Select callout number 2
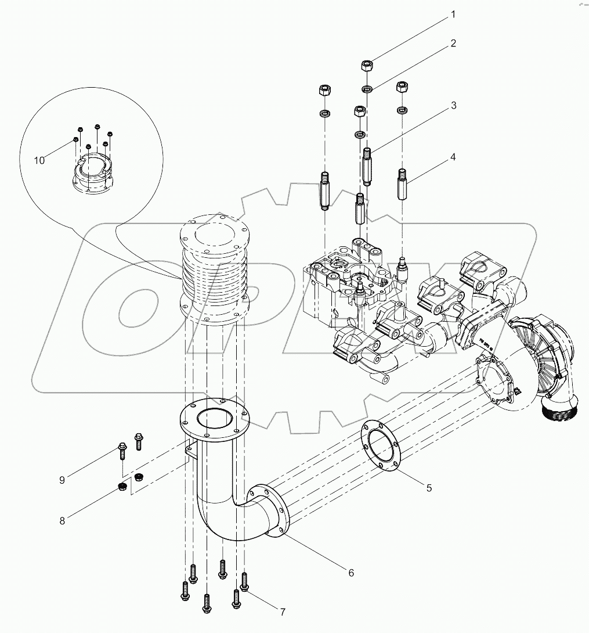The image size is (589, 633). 453,44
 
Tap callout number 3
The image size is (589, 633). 453,106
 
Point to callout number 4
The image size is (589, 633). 453,157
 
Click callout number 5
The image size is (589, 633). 429,488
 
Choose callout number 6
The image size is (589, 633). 351,573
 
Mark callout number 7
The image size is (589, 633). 283,612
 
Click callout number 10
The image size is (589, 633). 39,161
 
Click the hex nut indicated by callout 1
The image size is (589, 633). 367,65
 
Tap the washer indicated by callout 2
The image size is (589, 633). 367,89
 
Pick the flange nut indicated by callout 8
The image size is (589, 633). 122,486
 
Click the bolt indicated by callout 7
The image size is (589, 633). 244,582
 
